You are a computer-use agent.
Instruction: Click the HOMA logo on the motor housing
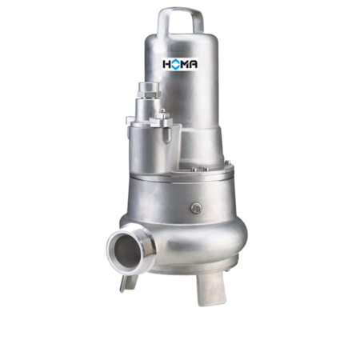click(x=180, y=64)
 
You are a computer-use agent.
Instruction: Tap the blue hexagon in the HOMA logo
click(x=175, y=64)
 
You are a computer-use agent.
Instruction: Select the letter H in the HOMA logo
click(x=166, y=64)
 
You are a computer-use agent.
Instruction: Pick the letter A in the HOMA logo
click(x=193, y=64)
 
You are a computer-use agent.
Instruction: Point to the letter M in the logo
click(x=185, y=64)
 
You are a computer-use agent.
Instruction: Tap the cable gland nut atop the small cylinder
click(x=149, y=90)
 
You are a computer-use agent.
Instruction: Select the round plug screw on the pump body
click(x=196, y=208)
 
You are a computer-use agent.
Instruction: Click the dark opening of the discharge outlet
click(x=127, y=251)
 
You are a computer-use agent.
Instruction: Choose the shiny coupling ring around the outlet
click(x=131, y=250)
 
